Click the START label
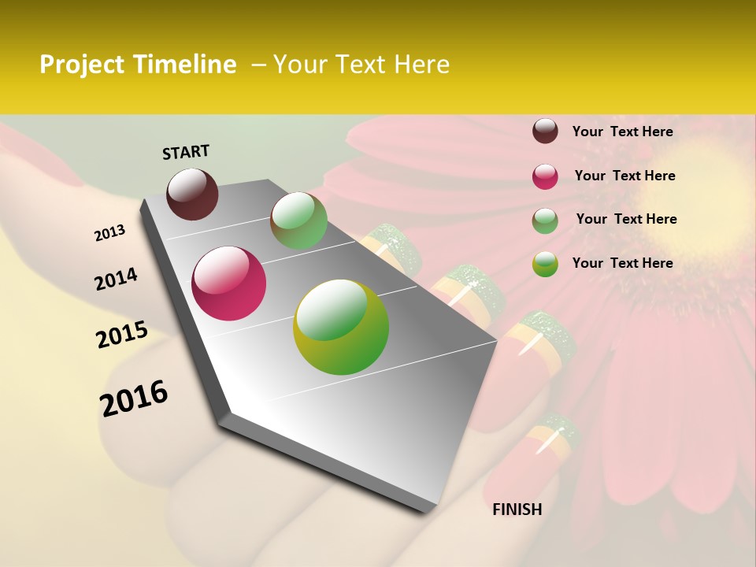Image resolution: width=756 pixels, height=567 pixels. (186, 152)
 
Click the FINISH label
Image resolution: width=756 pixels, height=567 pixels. (517, 510)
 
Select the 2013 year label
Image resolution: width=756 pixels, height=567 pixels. (110, 233)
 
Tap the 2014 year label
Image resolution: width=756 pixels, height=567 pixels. (116, 280)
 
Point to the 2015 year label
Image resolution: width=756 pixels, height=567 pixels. (122, 335)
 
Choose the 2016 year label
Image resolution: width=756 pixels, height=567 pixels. (134, 398)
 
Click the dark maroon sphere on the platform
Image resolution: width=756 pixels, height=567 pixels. (193, 194)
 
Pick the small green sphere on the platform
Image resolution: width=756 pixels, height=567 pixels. (298, 220)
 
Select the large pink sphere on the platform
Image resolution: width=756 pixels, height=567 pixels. (229, 283)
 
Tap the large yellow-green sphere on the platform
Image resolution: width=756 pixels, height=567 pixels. (341, 327)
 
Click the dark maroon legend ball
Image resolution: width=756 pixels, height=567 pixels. (545, 131)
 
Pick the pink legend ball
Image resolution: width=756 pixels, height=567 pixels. (545, 176)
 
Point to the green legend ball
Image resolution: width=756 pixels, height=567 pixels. (545, 220)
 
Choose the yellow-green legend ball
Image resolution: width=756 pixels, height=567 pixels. (545, 264)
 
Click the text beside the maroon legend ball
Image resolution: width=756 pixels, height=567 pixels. (622, 132)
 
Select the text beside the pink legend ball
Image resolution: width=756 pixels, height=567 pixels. (624, 176)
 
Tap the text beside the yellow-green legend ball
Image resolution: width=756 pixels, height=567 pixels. (622, 263)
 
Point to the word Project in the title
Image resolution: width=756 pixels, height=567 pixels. (82, 65)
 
